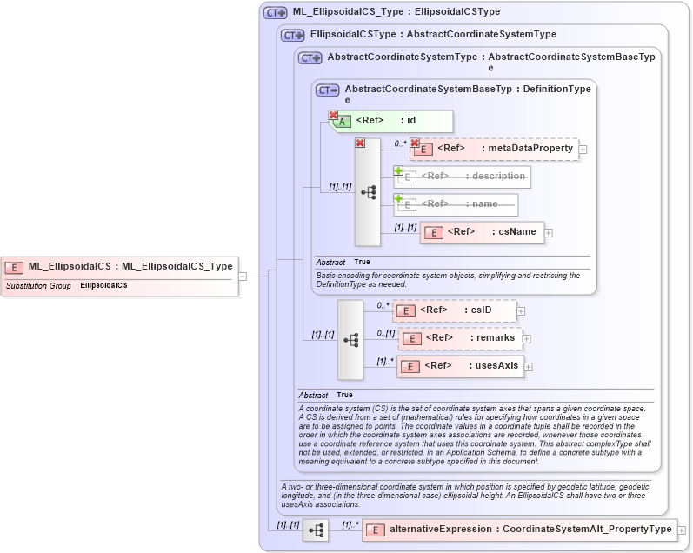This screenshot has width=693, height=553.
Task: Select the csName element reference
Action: pos(483,232)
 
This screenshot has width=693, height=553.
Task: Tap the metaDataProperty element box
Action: pos(494,149)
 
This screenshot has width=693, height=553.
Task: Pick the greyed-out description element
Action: pos(462,177)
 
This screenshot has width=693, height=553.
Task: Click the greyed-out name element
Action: pos(456,204)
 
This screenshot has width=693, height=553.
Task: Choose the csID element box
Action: pos(454,310)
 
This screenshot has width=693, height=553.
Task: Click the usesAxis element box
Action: pos(460,366)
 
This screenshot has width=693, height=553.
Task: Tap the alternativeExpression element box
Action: pos(519,529)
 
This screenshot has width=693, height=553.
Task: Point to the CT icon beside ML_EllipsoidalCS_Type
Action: pos(276,12)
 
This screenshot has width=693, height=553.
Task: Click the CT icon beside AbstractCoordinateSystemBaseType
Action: pos(328,90)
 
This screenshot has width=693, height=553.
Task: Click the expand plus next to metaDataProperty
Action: pos(583,149)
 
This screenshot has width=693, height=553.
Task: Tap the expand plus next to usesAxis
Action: pos(529,366)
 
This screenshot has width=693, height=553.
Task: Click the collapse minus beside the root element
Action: pos(243,276)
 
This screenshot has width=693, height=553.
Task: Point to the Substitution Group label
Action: pos(38,285)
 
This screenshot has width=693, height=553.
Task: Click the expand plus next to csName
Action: pos(550,232)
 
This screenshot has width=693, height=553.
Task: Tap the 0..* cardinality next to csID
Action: pos(383,305)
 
